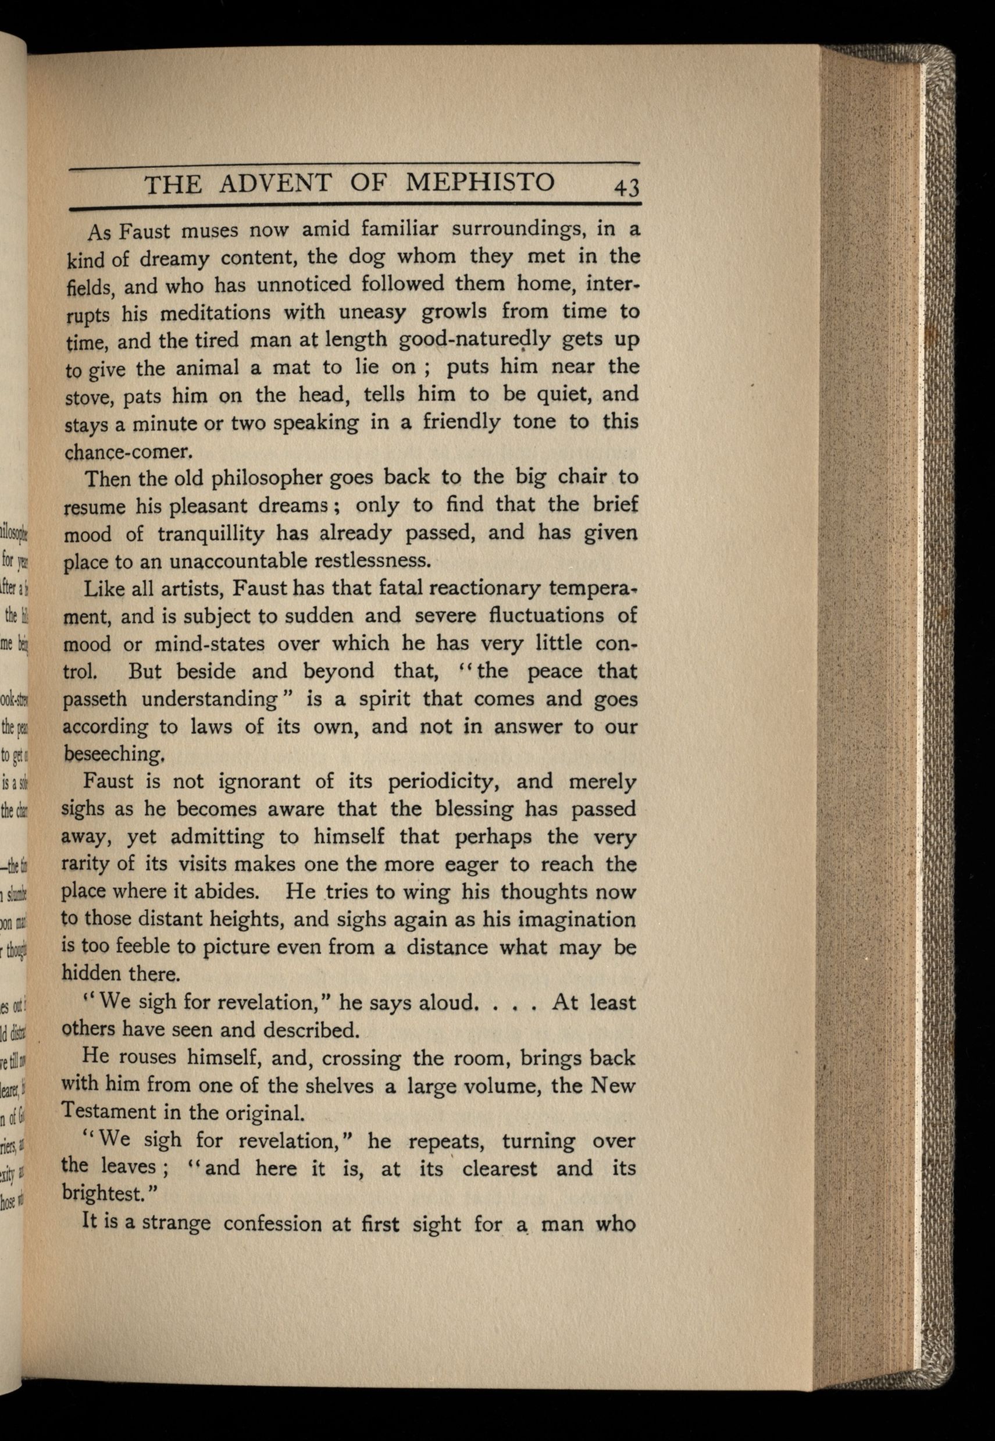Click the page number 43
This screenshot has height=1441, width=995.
pos(626,187)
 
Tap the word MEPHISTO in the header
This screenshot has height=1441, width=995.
pos(480,182)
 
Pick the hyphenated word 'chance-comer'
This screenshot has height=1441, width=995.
pos(127,451)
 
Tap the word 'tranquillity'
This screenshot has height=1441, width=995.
pos(212,533)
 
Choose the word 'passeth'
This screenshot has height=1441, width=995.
pos(94,699)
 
